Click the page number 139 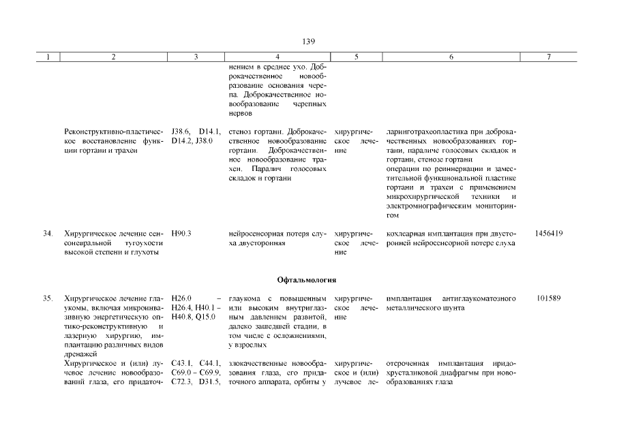(x=308, y=42)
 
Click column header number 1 (x=48, y=58)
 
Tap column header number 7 (x=549, y=58)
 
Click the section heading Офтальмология (x=308, y=280)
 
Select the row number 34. (x=48, y=234)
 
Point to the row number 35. (x=48, y=298)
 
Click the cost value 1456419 (x=549, y=234)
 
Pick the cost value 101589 (x=549, y=298)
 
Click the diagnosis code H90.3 (x=182, y=234)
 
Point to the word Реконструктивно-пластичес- (x=113, y=131)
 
